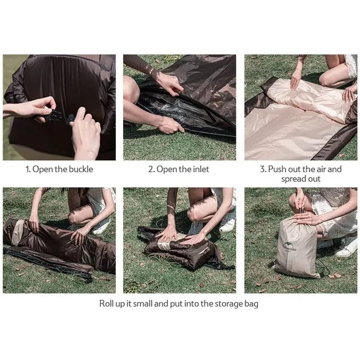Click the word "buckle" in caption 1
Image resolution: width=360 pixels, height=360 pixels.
(x=81, y=169)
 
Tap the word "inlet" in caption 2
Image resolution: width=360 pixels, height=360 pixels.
(x=201, y=169)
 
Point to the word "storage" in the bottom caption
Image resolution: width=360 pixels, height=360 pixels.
(x=229, y=304)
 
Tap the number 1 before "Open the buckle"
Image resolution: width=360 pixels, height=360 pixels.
(x=28, y=169)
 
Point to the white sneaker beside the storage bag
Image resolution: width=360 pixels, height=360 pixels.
(x=347, y=246)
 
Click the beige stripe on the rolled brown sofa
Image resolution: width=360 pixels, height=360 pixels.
(x=17, y=232)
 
